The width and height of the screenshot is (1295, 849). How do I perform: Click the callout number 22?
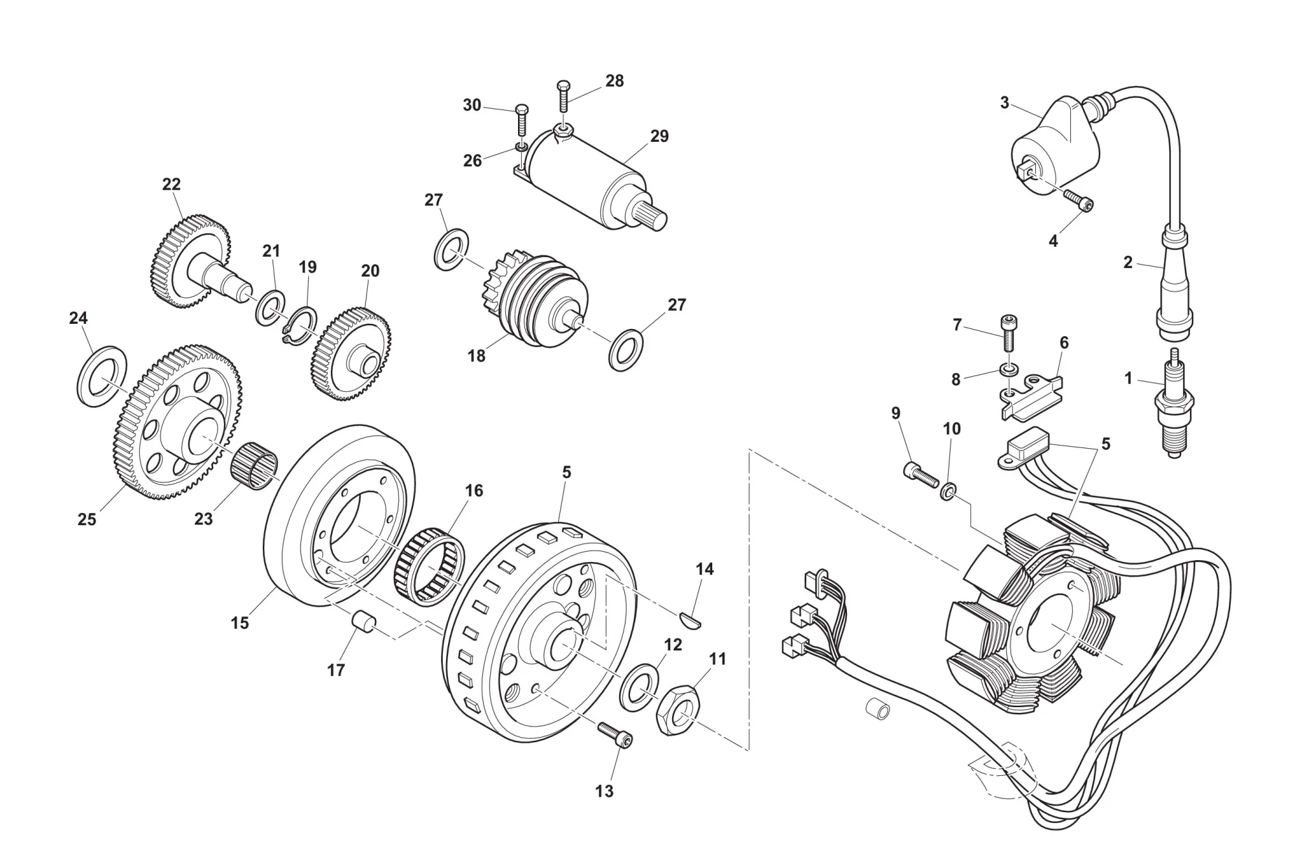[x=171, y=185]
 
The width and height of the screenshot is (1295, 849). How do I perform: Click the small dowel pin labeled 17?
[x=364, y=620]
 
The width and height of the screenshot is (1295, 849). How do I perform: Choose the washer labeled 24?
[x=102, y=376]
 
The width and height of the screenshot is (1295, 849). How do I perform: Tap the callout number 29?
[x=659, y=137]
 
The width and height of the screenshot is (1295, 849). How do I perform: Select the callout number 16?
[x=474, y=491]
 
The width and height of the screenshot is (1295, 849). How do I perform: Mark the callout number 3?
[x=1004, y=103]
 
